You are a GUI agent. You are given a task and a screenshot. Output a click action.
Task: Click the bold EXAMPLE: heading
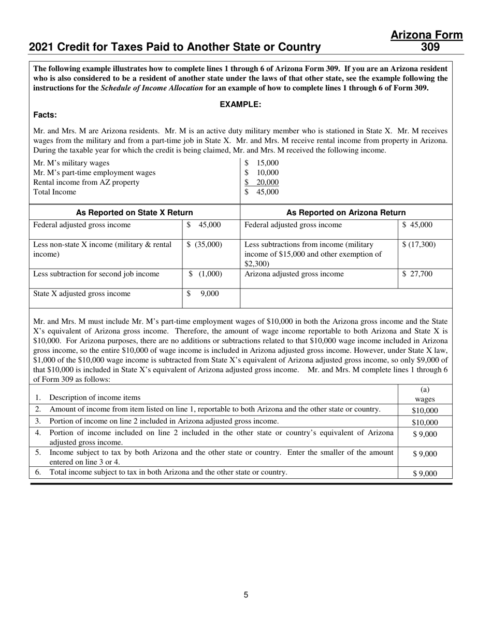240,104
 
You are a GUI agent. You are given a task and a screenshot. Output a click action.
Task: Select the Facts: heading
45,115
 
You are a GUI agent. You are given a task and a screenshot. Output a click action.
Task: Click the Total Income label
54,192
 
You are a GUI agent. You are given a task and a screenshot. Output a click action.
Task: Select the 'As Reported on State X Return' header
134,212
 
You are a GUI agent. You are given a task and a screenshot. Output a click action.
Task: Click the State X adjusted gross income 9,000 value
209,294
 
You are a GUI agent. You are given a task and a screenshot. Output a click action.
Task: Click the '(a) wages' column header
425,394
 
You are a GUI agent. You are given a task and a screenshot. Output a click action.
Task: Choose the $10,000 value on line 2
425,410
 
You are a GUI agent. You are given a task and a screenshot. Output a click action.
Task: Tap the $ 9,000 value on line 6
425,473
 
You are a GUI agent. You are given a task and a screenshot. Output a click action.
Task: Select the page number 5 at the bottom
246,595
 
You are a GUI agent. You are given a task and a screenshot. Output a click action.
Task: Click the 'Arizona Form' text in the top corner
426,35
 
